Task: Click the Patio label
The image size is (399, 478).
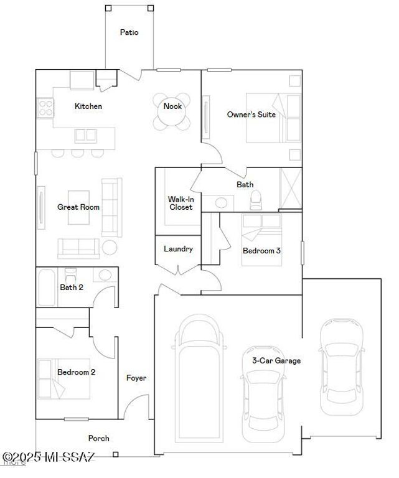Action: (x=129, y=32)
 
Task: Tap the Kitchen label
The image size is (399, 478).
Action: (x=88, y=106)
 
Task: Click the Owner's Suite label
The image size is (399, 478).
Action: (x=251, y=115)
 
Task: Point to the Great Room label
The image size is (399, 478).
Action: (x=78, y=207)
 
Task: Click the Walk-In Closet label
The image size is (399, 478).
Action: (x=181, y=204)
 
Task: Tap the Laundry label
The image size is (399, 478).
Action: (x=178, y=249)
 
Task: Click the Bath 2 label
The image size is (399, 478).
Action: (x=72, y=288)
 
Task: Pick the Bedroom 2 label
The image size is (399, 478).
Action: (x=76, y=372)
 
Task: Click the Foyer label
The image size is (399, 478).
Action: (x=136, y=378)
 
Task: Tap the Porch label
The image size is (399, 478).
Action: (x=98, y=438)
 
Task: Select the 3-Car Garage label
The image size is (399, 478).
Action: (x=276, y=361)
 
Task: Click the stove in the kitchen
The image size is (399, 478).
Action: (x=45, y=110)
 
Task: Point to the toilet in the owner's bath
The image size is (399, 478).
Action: (x=255, y=200)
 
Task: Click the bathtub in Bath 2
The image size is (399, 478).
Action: (x=47, y=288)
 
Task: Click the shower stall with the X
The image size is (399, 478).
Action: (x=290, y=189)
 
